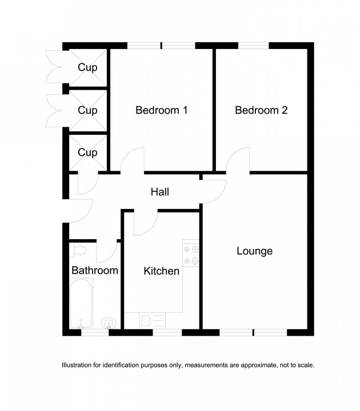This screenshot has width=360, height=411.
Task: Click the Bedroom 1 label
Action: (x=161, y=110)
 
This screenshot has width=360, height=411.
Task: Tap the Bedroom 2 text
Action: (x=261, y=110)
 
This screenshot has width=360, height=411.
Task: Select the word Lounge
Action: (x=254, y=251)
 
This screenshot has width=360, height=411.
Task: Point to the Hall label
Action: (x=159, y=192)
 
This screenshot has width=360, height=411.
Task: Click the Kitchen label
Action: (x=162, y=271)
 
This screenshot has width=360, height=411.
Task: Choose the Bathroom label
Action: (x=94, y=271)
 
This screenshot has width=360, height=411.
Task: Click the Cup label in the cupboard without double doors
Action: (x=87, y=152)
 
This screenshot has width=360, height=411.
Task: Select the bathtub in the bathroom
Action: (x=81, y=303)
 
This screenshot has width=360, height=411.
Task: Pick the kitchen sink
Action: (x=146, y=321)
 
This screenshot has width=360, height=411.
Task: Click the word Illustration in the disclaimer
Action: (x=78, y=365)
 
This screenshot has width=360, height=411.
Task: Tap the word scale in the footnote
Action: (x=305, y=365)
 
